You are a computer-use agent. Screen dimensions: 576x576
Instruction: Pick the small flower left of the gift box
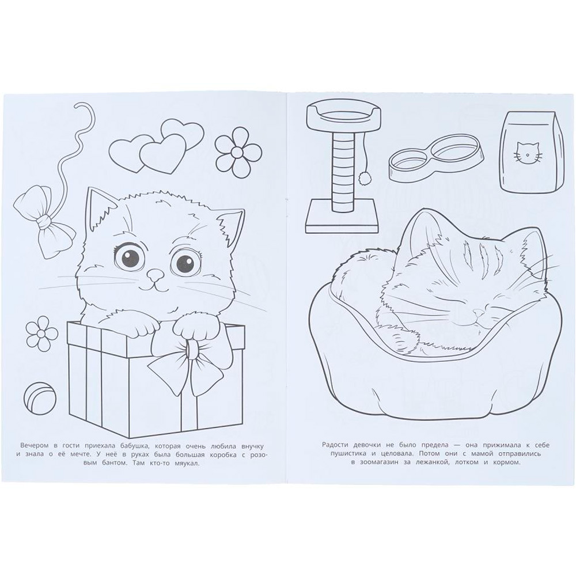coord(42,333)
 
